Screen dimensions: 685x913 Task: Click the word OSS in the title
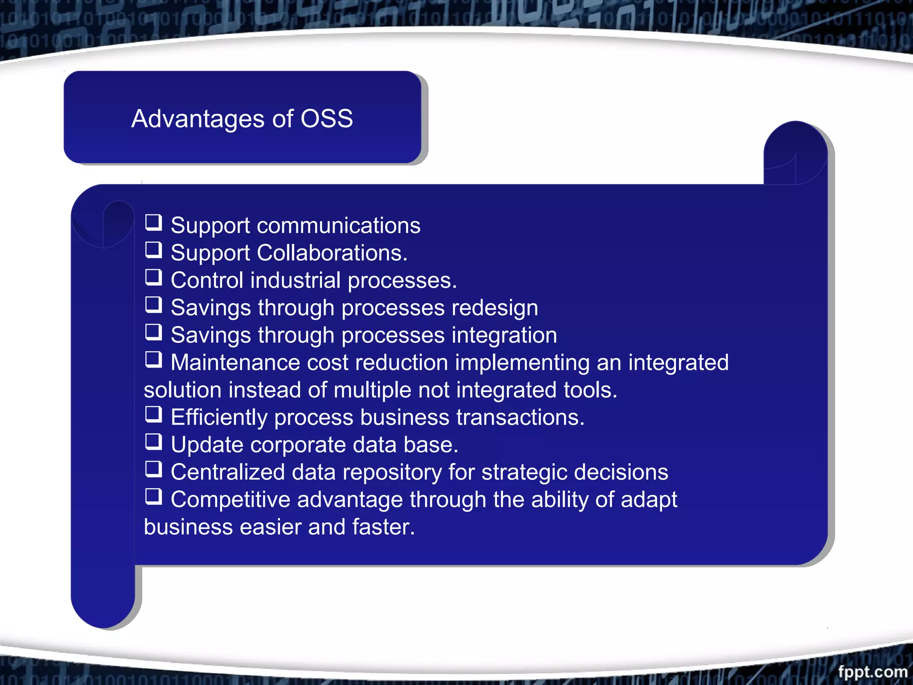[327, 119]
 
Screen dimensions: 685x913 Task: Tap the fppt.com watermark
[872, 671]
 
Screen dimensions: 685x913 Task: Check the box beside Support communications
[154, 222]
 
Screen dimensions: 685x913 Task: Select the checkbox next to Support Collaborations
[154, 250]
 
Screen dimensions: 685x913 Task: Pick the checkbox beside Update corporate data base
[154, 442]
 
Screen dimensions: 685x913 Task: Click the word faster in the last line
[383, 527]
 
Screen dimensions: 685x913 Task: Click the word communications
[338, 226]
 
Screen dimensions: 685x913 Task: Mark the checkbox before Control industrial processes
[154, 277]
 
